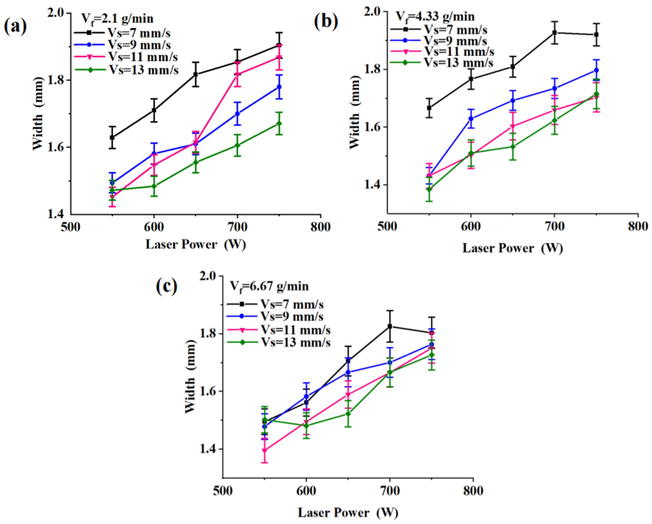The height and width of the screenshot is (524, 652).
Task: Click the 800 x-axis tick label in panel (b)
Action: click(x=637, y=227)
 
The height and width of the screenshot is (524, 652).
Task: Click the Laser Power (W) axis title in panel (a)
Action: click(x=195, y=245)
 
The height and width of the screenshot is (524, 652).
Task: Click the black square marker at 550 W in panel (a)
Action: click(x=112, y=137)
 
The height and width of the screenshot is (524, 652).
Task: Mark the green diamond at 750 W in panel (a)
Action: click(x=279, y=124)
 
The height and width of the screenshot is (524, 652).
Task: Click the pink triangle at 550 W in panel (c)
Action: click(x=265, y=450)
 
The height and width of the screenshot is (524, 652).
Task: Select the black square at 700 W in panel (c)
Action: click(x=390, y=326)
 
